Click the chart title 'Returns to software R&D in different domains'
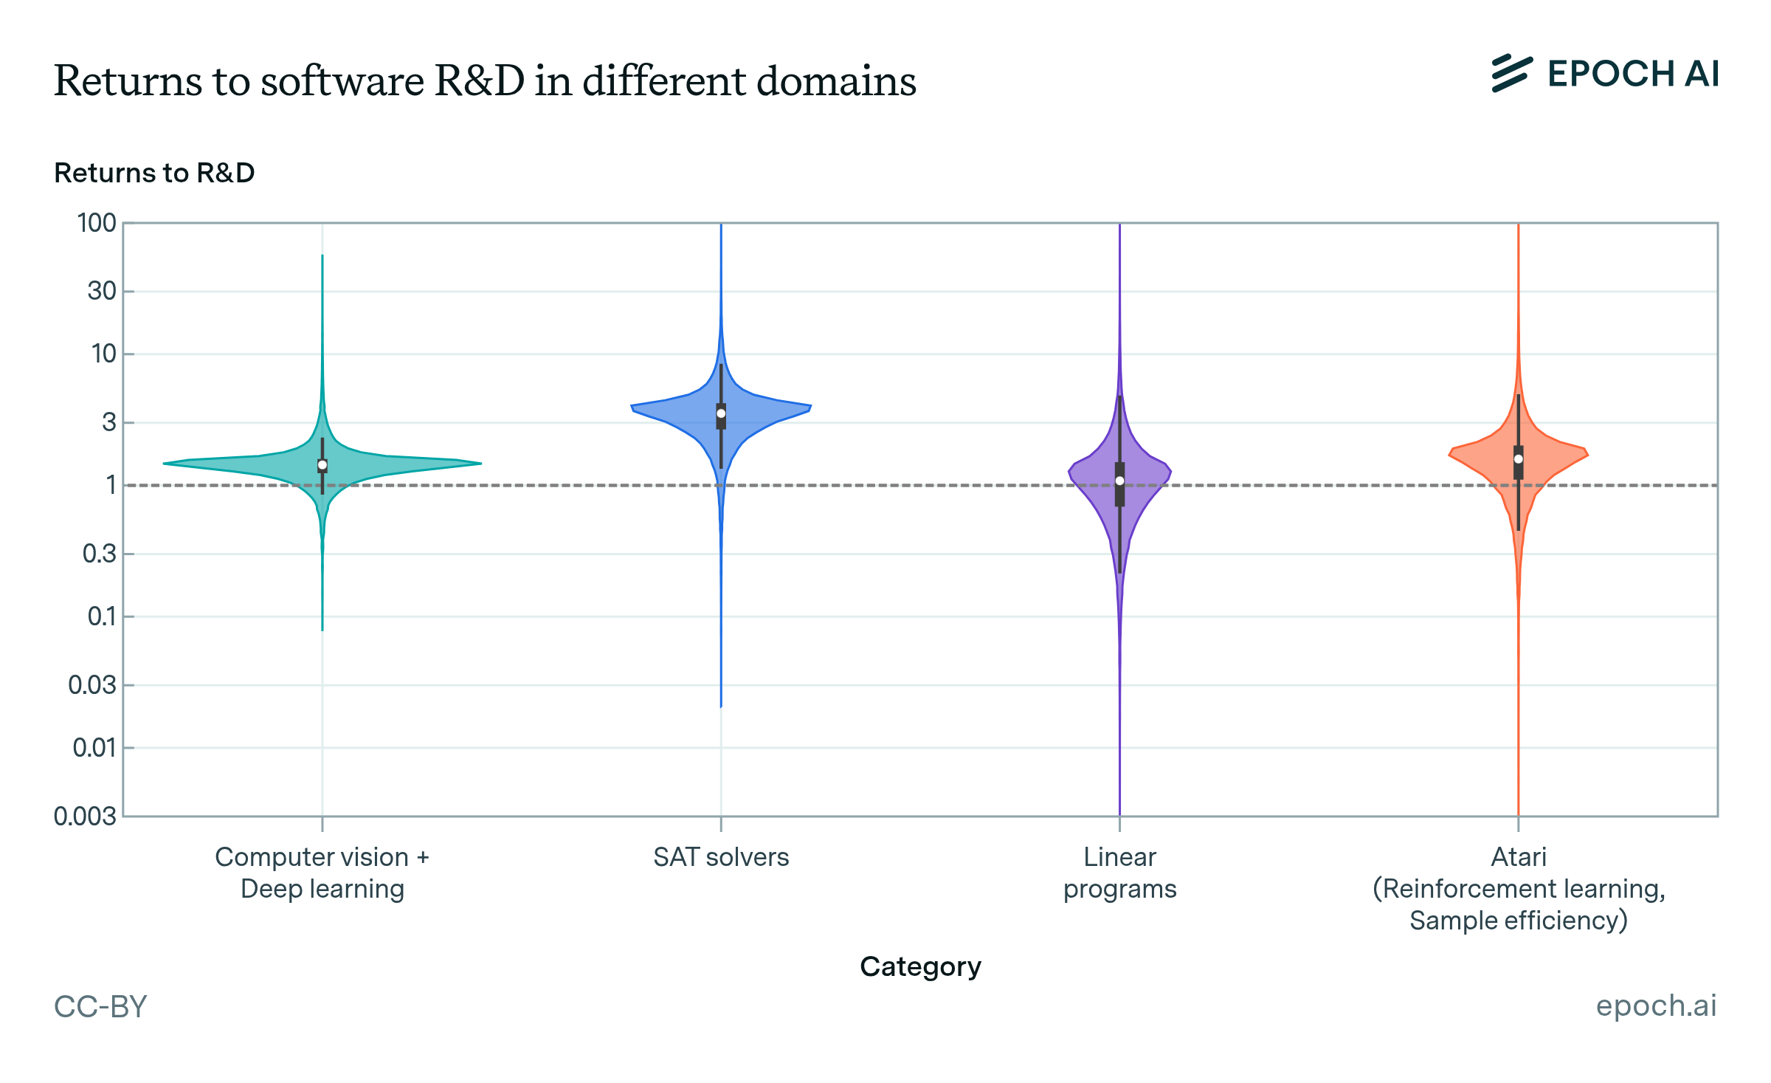click(x=485, y=80)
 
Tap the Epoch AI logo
click(x=1605, y=74)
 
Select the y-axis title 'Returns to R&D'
click(x=154, y=173)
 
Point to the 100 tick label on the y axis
click(x=97, y=223)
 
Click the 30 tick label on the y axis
click(x=102, y=291)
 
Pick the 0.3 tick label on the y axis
click(x=100, y=553)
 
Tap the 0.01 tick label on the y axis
click(x=94, y=748)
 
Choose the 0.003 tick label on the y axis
click(x=85, y=816)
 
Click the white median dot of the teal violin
click(x=322, y=465)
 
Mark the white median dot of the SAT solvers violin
click(x=721, y=413)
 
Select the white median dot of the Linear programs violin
click(x=1119, y=481)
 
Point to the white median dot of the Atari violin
click(x=1518, y=459)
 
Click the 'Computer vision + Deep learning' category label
click(x=322, y=873)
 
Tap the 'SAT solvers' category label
click(x=721, y=857)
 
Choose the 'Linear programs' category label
click(x=1119, y=873)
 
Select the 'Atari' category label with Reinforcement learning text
click(x=1518, y=888)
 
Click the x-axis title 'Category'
click(x=920, y=966)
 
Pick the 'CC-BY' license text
click(x=100, y=1006)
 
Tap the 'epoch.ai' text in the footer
click(x=1656, y=1005)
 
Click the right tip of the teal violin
click(x=480, y=464)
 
